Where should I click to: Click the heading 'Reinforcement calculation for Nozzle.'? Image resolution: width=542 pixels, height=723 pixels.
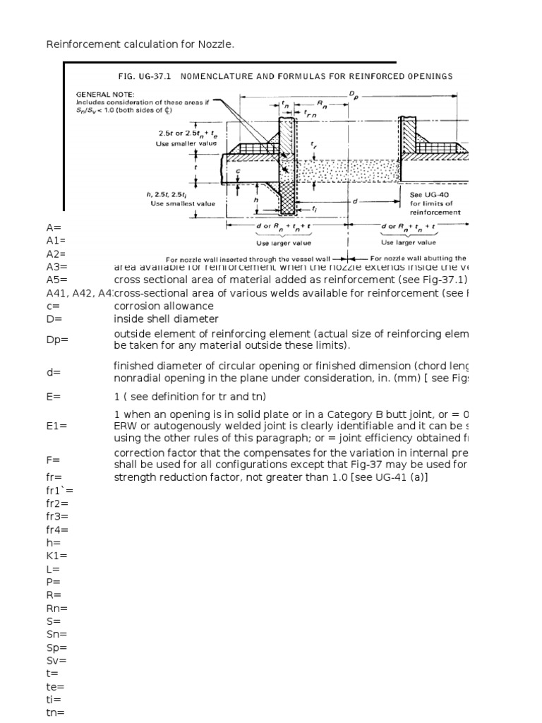[x=140, y=45]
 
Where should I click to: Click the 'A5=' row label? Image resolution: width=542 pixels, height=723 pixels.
[x=56, y=280]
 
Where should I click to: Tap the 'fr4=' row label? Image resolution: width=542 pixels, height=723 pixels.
[x=57, y=530]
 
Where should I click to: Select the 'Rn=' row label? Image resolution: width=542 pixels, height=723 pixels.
[x=56, y=608]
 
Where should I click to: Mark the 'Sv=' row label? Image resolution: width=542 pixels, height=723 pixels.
[x=56, y=660]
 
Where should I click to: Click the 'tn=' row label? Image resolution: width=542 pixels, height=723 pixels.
[x=56, y=712]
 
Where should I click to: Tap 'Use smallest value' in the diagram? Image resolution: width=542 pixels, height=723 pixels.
[x=183, y=203]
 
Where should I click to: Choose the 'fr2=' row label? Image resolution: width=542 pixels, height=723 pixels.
[x=57, y=503]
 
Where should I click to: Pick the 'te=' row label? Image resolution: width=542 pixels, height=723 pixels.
[x=55, y=686]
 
